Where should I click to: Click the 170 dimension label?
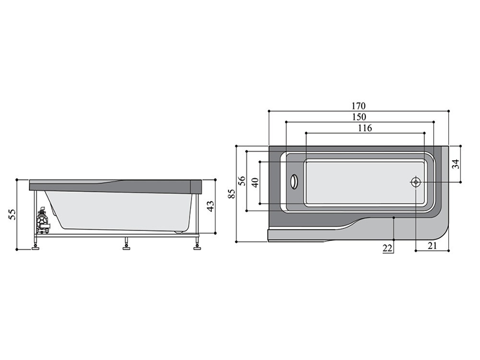coord(358,106)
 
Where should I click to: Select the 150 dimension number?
coord(359,117)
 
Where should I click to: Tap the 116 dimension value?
coord(365,128)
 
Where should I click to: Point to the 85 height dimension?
coord(232,194)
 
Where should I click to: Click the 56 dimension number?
coord(242,181)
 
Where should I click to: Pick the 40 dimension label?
coord(255,182)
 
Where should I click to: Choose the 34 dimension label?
coord(456,164)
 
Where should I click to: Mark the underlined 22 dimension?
coord(387,248)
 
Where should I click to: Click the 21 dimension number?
coord(432,245)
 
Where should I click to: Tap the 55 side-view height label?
coord(11,214)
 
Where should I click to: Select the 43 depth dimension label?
coord(211,206)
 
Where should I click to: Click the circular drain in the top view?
coord(416,182)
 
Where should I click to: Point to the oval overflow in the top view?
coord(293,182)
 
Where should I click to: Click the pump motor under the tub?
coord(42,220)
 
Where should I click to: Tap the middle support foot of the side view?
coord(126,245)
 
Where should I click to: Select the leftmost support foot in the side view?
coord(36,245)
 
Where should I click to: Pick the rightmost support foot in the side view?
coord(197,245)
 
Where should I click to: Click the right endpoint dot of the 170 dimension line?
coord(448,111)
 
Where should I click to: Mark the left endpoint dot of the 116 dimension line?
coord(306,133)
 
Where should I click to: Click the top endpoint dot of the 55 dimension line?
coord(17,180)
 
